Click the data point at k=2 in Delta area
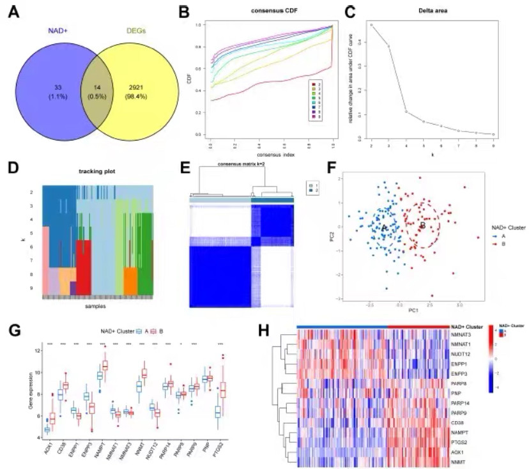[372, 25]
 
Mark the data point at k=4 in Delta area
[406, 111]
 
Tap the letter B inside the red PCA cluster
[422, 226]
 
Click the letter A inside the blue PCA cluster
[385, 227]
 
